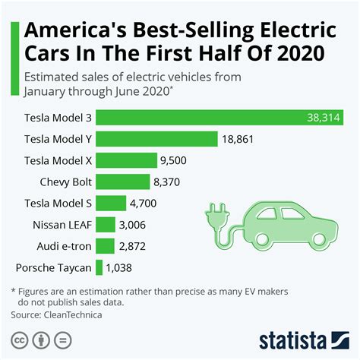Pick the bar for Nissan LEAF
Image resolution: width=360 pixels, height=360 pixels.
(106, 224)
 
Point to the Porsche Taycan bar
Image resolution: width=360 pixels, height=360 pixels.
(99, 267)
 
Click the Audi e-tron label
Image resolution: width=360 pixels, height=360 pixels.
(64, 246)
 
